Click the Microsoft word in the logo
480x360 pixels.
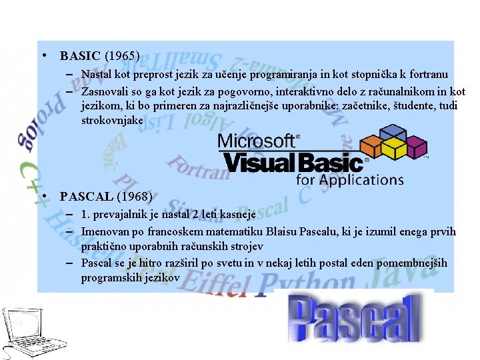point(257,141)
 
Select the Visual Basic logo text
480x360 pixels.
point(293,162)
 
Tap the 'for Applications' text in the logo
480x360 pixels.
point(350,179)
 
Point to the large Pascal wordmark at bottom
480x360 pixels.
point(354,318)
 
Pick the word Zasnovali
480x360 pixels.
point(105,91)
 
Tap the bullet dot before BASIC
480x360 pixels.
point(43,57)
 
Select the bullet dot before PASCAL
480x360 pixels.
point(43,197)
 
